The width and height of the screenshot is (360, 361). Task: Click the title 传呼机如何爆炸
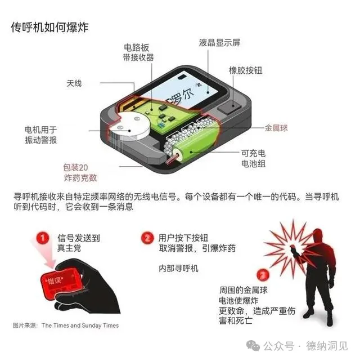(49, 27)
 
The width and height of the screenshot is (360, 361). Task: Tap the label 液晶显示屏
(219, 43)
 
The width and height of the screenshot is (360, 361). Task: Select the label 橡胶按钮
(245, 70)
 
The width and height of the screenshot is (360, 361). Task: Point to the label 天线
(74, 83)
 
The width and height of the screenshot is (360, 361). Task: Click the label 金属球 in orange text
(276, 128)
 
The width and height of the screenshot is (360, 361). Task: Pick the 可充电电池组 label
(253, 158)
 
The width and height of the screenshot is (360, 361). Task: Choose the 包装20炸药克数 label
(80, 172)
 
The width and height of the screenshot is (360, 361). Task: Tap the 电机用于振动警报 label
(40, 135)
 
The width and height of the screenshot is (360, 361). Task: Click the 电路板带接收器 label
(138, 52)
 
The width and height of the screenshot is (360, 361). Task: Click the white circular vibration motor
(130, 127)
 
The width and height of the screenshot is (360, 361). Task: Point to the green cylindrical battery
(194, 145)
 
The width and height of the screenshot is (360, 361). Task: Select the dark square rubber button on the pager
(229, 107)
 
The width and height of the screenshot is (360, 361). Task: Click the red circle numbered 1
(42, 238)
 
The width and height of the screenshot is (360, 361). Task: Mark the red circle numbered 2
(147, 238)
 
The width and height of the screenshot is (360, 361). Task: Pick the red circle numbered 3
(263, 275)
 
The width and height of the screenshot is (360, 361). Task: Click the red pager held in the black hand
(61, 283)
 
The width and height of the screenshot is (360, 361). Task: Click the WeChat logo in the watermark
(253, 345)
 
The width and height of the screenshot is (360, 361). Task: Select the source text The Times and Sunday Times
(80, 326)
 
